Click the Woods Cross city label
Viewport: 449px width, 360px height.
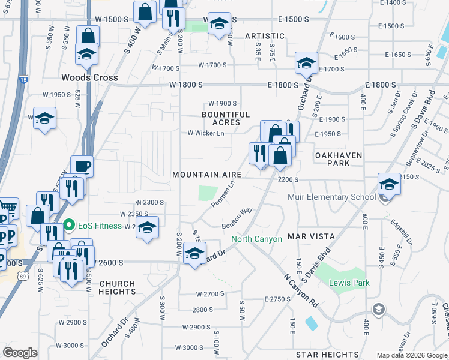coord(89,77)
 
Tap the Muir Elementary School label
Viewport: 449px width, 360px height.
coord(341,197)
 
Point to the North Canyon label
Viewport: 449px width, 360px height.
coord(257,239)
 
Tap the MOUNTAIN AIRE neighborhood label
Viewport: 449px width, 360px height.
coord(206,175)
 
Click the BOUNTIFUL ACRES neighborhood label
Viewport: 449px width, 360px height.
coord(226,118)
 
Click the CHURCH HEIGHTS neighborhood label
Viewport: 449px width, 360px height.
coord(118,287)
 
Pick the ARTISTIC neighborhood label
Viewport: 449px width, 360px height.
coord(264,37)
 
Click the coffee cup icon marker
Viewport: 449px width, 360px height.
coord(82,166)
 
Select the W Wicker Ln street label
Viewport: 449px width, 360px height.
coord(206,133)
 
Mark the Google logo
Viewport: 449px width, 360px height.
coord(20,353)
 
